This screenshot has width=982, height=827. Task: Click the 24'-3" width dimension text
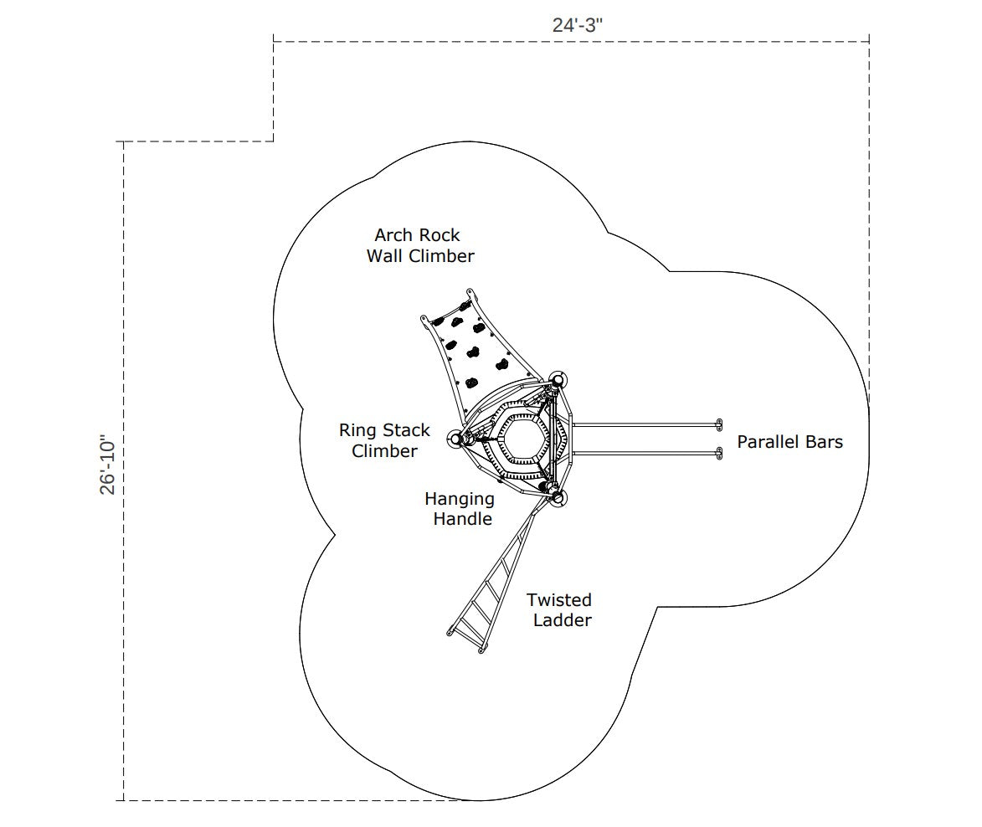coord(577,25)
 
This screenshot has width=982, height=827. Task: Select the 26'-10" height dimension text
coord(108,465)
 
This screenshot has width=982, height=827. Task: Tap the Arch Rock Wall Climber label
coord(419,245)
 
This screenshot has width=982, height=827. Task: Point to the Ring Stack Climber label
coord(384,440)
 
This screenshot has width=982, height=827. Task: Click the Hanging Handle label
coord(460,508)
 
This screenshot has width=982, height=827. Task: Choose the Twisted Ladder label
coord(559,609)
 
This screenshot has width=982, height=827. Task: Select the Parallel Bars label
coord(789,442)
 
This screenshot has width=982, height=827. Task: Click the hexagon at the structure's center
coord(521,436)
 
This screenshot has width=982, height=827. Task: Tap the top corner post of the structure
coord(557,379)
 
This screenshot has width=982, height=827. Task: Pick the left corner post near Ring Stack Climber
coord(456,439)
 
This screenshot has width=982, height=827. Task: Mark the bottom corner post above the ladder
coord(558,498)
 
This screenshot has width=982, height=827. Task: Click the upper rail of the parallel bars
coord(645,425)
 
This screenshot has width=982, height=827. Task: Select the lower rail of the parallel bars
coord(645,453)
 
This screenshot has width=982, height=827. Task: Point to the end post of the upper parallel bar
coord(720,425)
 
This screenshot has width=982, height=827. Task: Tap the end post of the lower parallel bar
coord(720,453)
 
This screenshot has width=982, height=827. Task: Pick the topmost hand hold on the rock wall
coord(464,306)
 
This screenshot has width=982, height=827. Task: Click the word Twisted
coord(559,600)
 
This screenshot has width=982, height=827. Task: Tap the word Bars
coord(824,442)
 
